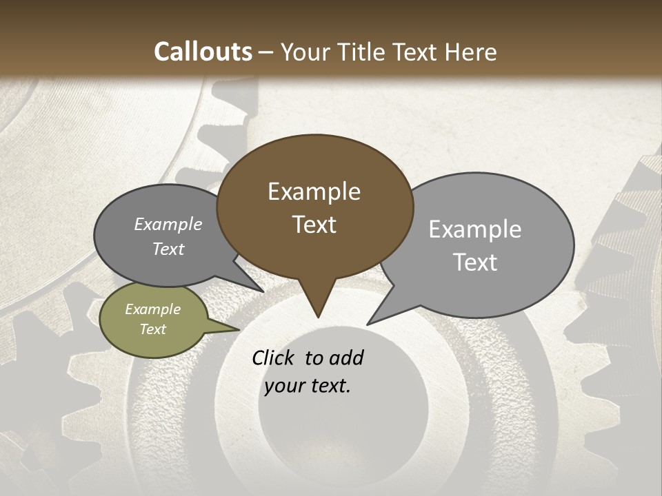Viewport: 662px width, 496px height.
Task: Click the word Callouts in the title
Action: coord(203,52)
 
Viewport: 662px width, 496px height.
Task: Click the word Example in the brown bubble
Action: coord(314,192)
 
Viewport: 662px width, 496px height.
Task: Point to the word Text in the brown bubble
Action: coord(314,225)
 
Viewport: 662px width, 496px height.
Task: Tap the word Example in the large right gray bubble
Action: coord(475,229)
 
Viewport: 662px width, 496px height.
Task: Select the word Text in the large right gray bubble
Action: coord(475,262)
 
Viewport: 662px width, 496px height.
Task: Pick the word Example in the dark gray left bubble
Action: coord(168,224)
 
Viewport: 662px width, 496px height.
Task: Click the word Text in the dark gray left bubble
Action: coord(168,249)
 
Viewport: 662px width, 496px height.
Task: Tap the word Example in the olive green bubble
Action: coord(153,309)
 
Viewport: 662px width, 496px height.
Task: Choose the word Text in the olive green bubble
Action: coord(153,329)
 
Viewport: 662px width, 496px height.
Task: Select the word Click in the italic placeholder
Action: coord(275,358)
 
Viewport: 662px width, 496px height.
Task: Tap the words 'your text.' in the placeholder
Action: coord(308,386)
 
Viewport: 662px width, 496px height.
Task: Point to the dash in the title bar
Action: coord(267,52)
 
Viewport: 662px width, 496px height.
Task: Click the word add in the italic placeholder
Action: coord(346,358)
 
